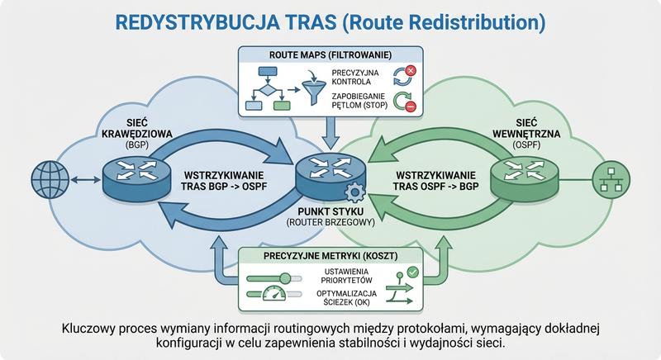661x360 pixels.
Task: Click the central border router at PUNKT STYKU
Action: [329, 174]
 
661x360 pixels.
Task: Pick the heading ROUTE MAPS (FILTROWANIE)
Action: [330, 55]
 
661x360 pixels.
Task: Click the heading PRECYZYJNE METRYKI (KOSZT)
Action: [330, 256]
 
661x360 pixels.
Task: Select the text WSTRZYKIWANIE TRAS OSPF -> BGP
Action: [431, 182]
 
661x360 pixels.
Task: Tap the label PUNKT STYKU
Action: [330, 211]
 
